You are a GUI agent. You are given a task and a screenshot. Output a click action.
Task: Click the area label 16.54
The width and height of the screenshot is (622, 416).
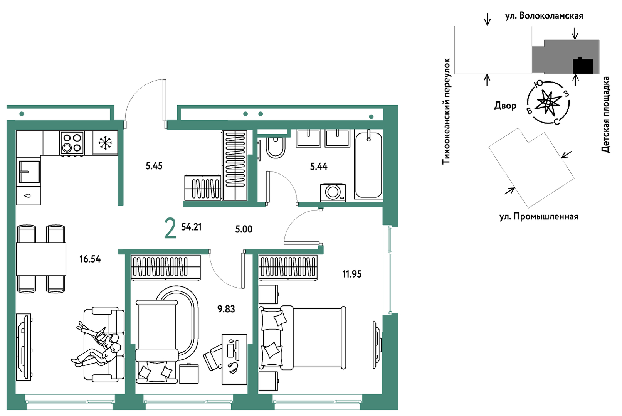pyautogui.click(x=90, y=259)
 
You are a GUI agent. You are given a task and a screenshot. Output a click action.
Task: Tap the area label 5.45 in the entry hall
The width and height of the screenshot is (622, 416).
pyautogui.click(x=154, y=166)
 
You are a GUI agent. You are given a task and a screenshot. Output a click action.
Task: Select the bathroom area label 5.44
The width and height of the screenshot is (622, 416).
pyautogui.click(x=318, y=167)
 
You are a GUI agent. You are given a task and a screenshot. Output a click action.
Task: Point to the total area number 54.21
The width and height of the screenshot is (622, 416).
pyautogui.click(x=191, y=227)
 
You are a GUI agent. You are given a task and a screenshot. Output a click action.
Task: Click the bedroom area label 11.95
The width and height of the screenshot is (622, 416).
pyautogui.click(x=352, y=274)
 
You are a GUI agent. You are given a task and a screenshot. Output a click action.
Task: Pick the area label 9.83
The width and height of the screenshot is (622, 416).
pyautogui.click(x=226, y=309)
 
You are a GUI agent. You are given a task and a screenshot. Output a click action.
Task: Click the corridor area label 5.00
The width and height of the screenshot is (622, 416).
pyautogui.click(x=244, y=229)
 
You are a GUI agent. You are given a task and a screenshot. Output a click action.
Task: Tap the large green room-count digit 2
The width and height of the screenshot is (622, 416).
pyautogui.click(x=170, y=228)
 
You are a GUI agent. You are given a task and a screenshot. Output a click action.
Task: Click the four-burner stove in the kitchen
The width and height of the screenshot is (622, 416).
pyautogui.click(x=72, y=143)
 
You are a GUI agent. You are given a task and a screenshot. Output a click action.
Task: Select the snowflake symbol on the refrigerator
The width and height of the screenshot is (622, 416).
pyautogui.click(x=105, y=143)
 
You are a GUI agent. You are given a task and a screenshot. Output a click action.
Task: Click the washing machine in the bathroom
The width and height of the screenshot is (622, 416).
pyautogui.click(x=333, y=192)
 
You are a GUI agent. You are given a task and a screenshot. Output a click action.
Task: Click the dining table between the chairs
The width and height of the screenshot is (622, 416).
pyautogui.click(x=41, y=259)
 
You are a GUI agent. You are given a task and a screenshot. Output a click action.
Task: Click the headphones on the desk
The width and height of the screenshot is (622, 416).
pyautogui.click(x=234, y=368)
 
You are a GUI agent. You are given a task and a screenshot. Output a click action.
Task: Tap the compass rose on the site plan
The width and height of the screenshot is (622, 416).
pyautogui.click(x=548, y=103)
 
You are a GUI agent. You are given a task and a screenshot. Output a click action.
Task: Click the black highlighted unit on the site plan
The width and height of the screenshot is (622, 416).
pyautogui.click(x=583, y=66)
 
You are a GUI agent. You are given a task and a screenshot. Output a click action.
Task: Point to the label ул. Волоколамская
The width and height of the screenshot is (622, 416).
pyautogui.click(x=544, y=16)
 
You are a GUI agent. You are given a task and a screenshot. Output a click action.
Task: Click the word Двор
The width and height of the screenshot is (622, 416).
pyautogui.click(x=505, y=106)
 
